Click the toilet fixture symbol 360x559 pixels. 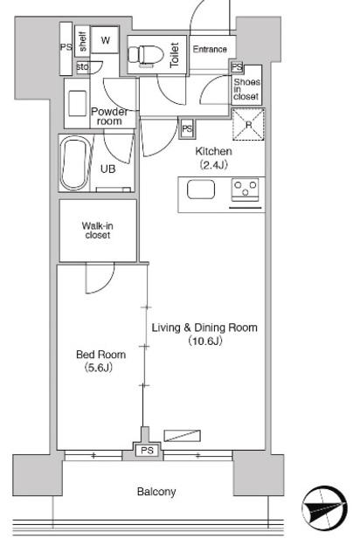pyautogui.click(x=145, y=55)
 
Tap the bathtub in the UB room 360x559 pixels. pyautogui.click(x=74, y=163)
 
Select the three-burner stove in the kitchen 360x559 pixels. pyautogui.click(x=245, y=189)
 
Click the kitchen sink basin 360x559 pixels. pyautogui.click(x=201, y=190)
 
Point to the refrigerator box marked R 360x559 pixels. pyautogui.click(x=248, y=124)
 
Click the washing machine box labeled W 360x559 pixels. pyautogui.click(x=105, y=40)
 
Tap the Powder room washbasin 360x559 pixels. pyautogui.click(x=78, y=103)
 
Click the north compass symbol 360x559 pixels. pyautogui.click(x=324, y=508)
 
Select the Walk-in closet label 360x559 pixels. pyautogui.click(x=97, y=231)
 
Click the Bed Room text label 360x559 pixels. pyautogui.click(x=101, y=355)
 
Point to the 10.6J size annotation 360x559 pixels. pyautogui.click(x=205, y=341)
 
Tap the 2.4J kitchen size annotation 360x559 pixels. pyautogui.click(x=213, y=164)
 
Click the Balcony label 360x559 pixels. pyautogui.click(x=156, y=492)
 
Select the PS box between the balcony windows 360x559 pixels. pyautogui.click(x=147, y=451)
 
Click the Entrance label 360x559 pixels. pyautogui.click(x=210, y=49)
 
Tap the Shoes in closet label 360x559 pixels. pyautogui.click(x=246, y=89)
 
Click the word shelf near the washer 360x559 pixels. pyautogui.click(x=83, y=42)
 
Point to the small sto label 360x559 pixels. pyautogui.click(x=82, y=66)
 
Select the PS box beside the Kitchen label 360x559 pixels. pyautogui.click(x=187, y=128)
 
